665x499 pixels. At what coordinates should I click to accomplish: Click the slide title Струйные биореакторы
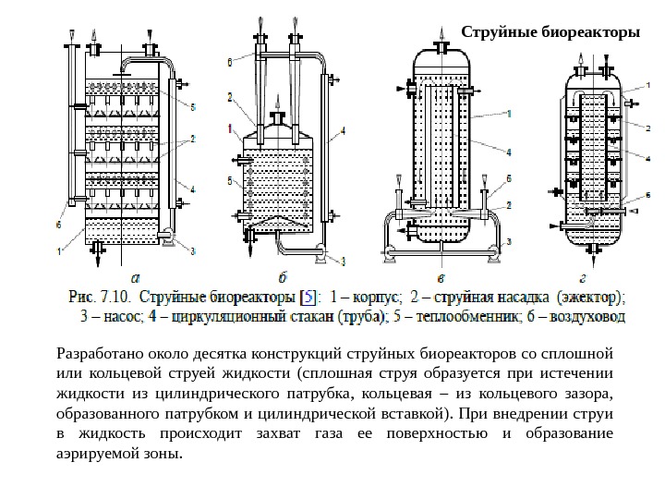551,32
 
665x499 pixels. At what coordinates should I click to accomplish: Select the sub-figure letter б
283,275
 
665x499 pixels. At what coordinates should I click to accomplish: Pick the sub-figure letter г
582,275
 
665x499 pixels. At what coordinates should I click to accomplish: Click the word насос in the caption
113,317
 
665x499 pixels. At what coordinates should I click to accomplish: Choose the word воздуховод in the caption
591,317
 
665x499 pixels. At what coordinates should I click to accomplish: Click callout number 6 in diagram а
59,224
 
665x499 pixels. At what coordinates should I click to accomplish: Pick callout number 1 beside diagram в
509,115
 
